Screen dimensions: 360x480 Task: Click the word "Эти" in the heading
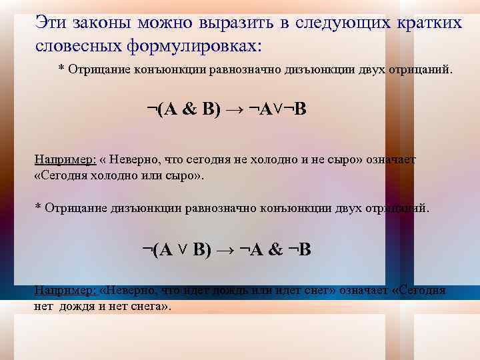(x=48, y=23)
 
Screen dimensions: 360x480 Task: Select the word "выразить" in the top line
(x=239, y=23)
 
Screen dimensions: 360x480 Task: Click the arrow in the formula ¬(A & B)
(x=233, y=109)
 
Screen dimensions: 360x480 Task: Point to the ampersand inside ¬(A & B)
(x=189, y=109)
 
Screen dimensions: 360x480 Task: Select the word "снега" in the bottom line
(x=149, y=307)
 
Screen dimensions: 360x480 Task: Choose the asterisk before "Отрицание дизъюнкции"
(x=38, y=207)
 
